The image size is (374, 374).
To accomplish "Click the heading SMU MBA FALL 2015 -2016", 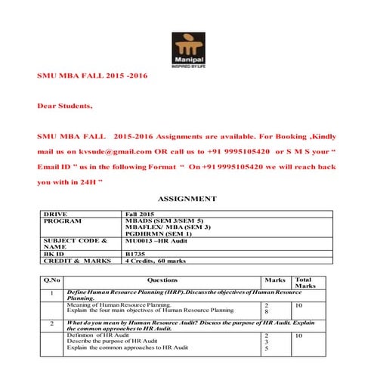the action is (x=92, y=76).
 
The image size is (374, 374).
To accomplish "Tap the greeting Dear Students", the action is (x=66, y=106).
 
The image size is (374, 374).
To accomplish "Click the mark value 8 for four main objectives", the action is (x=267, y=311).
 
